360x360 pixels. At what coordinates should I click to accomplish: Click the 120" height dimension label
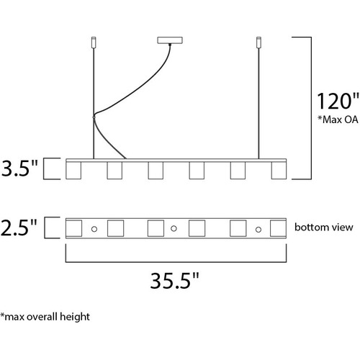point(338,101)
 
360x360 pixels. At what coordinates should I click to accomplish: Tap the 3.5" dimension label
point(19,168)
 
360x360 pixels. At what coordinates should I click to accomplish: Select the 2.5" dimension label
point(19,228)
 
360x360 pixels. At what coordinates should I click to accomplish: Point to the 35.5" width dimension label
point(175,280)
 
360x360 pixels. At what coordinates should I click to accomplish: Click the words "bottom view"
point(324,227)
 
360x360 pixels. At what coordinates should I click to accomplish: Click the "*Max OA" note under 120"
point(338,120)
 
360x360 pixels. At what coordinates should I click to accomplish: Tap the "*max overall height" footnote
point(45,317)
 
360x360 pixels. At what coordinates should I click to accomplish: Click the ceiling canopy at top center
point(170,40)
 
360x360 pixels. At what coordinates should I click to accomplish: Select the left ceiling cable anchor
point(94,42)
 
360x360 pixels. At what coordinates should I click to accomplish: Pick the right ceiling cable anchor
point(258,42)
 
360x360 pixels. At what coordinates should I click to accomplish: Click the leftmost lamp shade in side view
point(73,171)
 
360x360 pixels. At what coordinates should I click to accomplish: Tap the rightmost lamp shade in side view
point(279,171)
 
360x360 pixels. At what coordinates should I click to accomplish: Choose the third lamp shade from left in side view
point(156,171)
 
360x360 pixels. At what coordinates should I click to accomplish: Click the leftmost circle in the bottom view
point(94,229)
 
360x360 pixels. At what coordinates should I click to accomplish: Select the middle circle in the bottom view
point(174,229)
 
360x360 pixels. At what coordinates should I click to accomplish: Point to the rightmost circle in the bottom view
point(258,230)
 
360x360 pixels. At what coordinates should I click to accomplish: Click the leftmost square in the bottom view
point(74,228)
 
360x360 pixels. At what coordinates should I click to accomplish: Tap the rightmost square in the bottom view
point(278,228)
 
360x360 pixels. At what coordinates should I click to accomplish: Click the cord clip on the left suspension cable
point(94,117)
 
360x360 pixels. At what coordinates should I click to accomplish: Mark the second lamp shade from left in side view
point(114,171)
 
